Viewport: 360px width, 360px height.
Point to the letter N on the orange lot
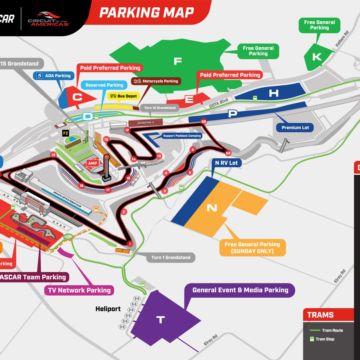[211, 208]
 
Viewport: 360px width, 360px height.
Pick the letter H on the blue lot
[272, 93]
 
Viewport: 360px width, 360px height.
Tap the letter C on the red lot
[76, 97]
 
